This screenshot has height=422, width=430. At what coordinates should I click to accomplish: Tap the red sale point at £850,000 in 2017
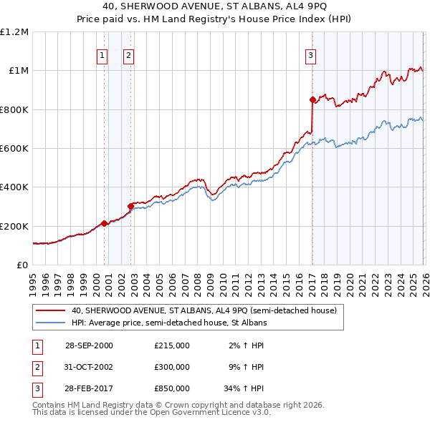click(312, 99)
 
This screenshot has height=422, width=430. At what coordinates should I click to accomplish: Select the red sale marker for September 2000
click(105, 223)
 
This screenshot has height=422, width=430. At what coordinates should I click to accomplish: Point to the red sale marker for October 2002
click(131, 207)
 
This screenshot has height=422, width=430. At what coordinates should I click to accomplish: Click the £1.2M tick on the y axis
click(14, 32)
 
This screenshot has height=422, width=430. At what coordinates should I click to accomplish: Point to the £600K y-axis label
click(14, 149)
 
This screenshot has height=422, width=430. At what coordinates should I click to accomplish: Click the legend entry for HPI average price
click(168, 323)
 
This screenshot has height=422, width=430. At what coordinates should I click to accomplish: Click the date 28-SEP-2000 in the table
click(89, 345)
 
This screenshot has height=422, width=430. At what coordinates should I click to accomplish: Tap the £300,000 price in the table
click(172, 367)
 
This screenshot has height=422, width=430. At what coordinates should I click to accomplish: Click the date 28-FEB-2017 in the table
click(89, 390)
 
